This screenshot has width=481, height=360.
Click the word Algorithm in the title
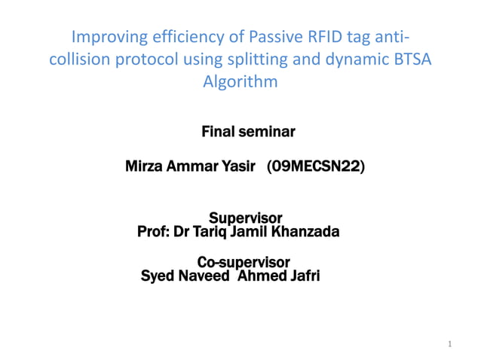point(240,83)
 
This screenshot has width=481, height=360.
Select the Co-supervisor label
point(244,262)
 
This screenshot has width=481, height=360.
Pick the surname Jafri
point(302,276)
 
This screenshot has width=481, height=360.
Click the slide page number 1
point(449,344)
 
